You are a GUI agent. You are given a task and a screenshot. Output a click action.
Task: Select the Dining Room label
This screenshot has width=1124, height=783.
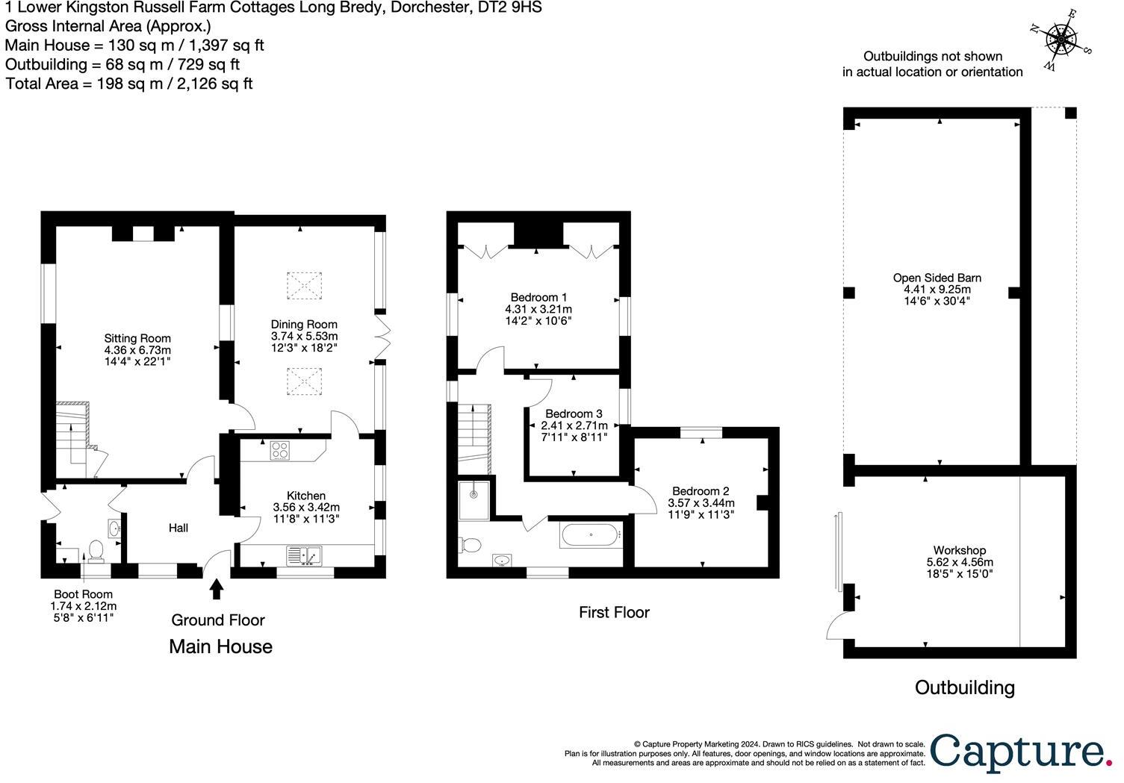coord(304,325)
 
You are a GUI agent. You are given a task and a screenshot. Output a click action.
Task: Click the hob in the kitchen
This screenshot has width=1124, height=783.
coord(280,450)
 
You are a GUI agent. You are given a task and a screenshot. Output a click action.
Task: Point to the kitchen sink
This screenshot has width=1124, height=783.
coord(304,555)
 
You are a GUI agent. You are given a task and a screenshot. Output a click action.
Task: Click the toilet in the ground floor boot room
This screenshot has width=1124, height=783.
coord(95,550)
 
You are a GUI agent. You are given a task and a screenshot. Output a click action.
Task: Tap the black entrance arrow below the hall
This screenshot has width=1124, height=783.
coord(217,589)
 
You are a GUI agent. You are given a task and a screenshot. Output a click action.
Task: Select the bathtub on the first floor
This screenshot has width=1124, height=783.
coord(590,535)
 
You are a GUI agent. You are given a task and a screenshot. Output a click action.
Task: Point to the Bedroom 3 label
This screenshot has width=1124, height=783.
coord(574,414)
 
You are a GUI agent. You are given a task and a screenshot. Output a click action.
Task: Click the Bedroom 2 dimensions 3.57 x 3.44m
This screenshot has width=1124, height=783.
coord(701,502)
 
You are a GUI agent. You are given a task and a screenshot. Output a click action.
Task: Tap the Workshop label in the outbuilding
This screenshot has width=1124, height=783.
coord(960,550)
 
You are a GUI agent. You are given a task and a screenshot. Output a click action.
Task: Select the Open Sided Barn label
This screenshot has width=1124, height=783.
coord(937,278)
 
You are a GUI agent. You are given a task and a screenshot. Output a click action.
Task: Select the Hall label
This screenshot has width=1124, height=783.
coord(178,528)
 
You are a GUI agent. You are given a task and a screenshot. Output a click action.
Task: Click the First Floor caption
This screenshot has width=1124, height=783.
coord(614,612)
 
